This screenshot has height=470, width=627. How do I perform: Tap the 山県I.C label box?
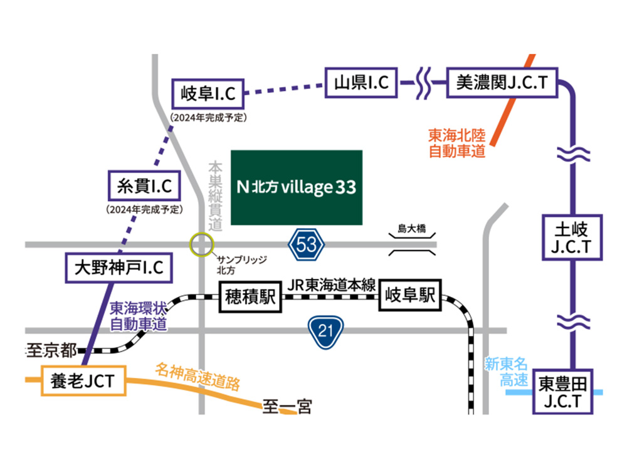[362, 81]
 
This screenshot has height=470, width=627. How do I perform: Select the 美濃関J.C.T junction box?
[502, 81]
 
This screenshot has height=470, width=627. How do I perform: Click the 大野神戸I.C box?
[119, 268]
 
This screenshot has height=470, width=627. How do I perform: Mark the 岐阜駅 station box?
[410, 295]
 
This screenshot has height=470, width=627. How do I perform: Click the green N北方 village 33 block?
[297, 187]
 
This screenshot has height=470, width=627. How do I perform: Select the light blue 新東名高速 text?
[506, 371]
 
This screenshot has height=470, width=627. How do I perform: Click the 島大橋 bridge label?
[411, 229]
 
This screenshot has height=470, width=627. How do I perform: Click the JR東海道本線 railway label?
[331, 285]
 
